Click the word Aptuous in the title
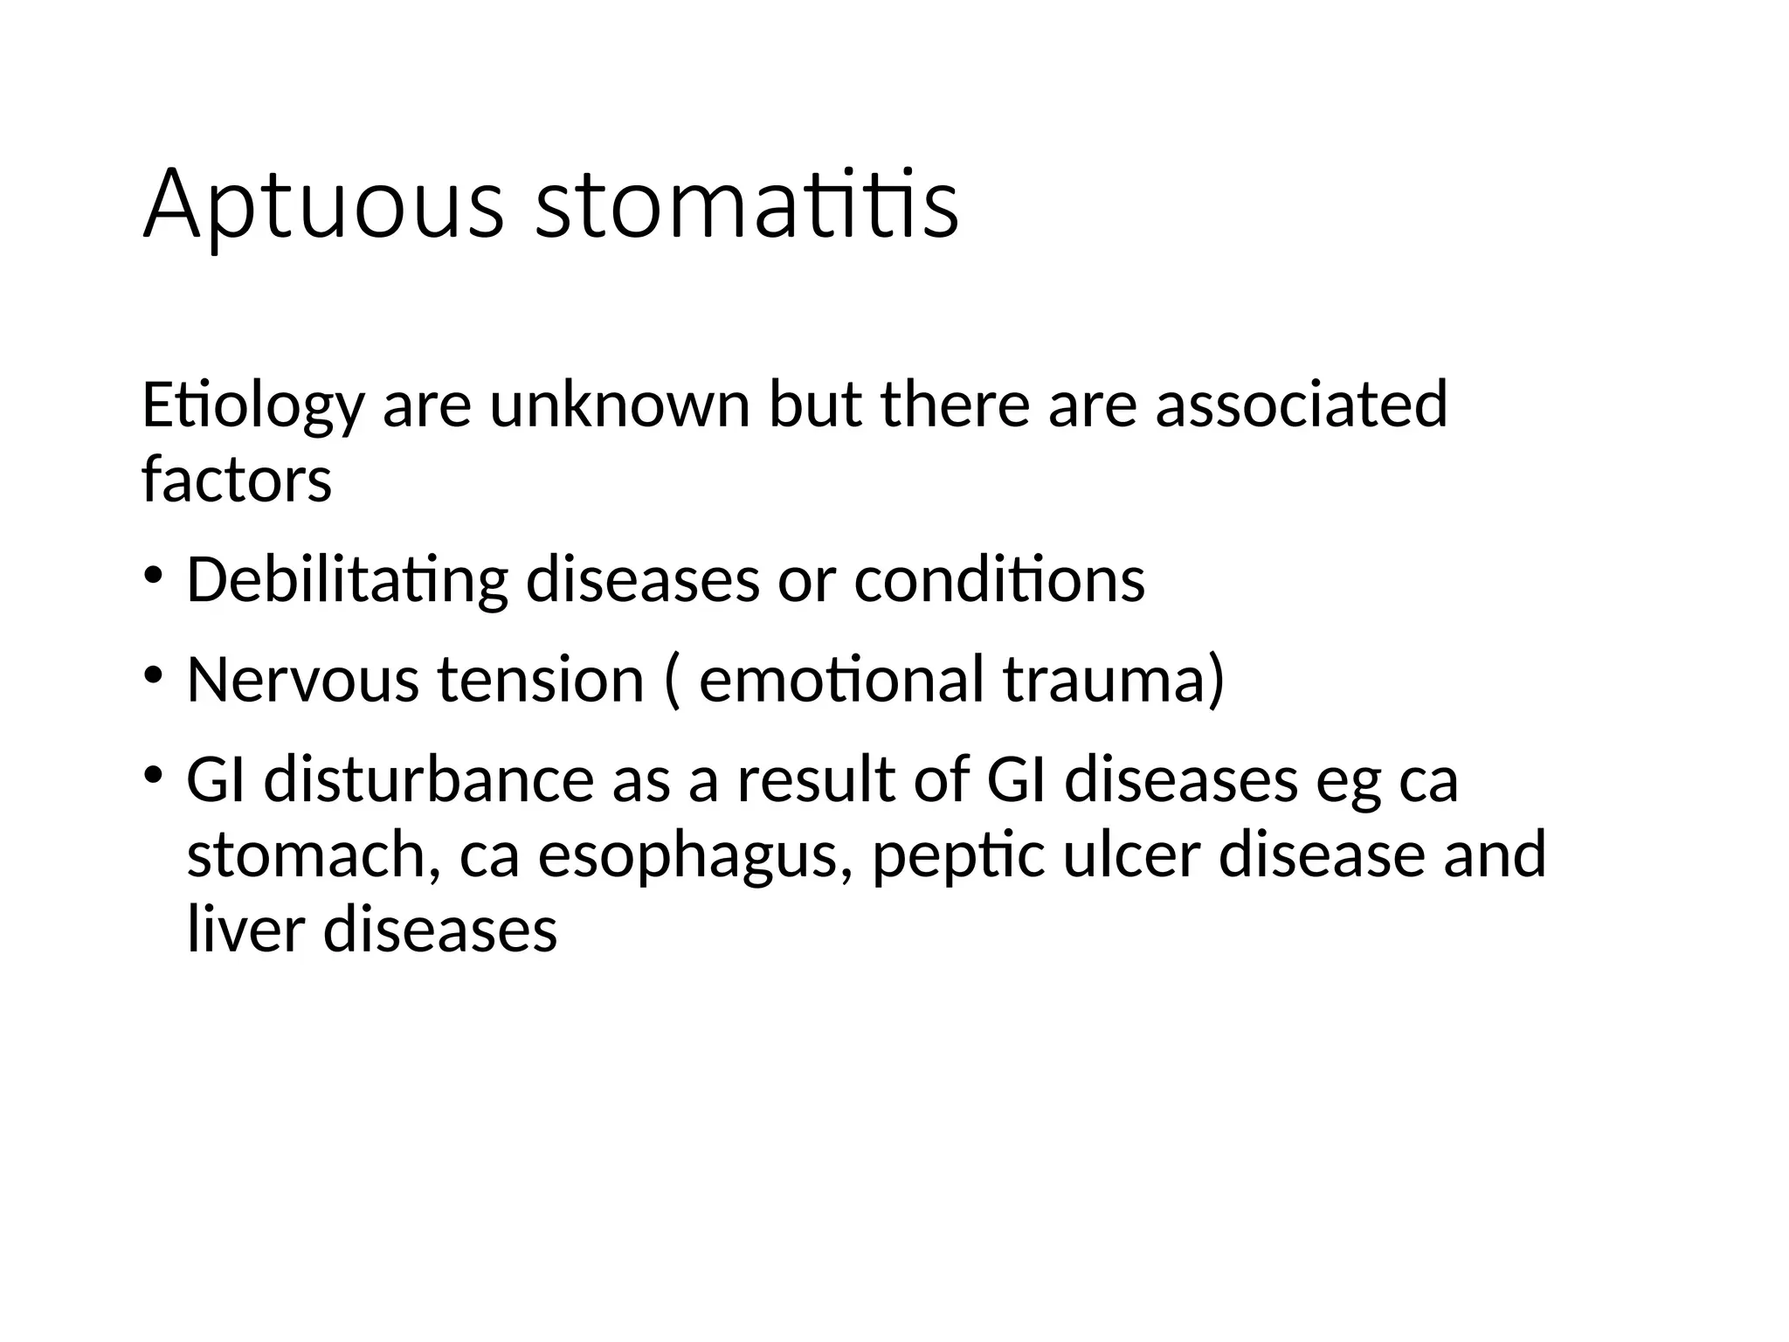pos(323,206)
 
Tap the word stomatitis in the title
pos(747,206)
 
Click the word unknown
pos(619,406)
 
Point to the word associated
pos(1302,406)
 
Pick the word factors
pos(237,481)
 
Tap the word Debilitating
pos(347,581)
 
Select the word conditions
pos(999,581)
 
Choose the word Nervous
pos(302,681)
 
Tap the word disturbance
pos(429,780)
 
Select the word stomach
pos(306,855)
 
